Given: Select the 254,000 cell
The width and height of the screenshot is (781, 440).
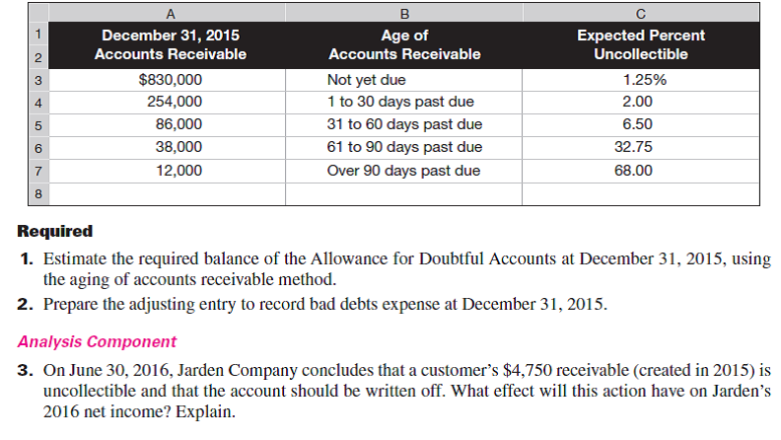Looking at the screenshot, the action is click(175, 102).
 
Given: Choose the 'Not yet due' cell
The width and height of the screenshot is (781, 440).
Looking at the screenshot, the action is click(366, 80).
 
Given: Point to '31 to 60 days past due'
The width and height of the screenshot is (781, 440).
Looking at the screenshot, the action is click(403, 124).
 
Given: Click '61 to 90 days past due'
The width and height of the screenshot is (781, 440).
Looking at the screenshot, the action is click(403, 147).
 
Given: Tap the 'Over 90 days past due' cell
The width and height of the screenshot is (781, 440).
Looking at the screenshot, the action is click(403, 170).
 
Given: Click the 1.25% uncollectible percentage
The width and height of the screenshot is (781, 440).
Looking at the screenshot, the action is click(641, 80).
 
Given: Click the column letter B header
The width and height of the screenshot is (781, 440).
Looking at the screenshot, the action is click(404, 14).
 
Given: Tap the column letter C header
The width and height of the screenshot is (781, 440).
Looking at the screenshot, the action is click(641, 14).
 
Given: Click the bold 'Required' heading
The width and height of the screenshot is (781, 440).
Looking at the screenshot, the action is click(55, 232).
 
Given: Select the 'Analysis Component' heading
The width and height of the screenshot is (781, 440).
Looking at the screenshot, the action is click(97, 342).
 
